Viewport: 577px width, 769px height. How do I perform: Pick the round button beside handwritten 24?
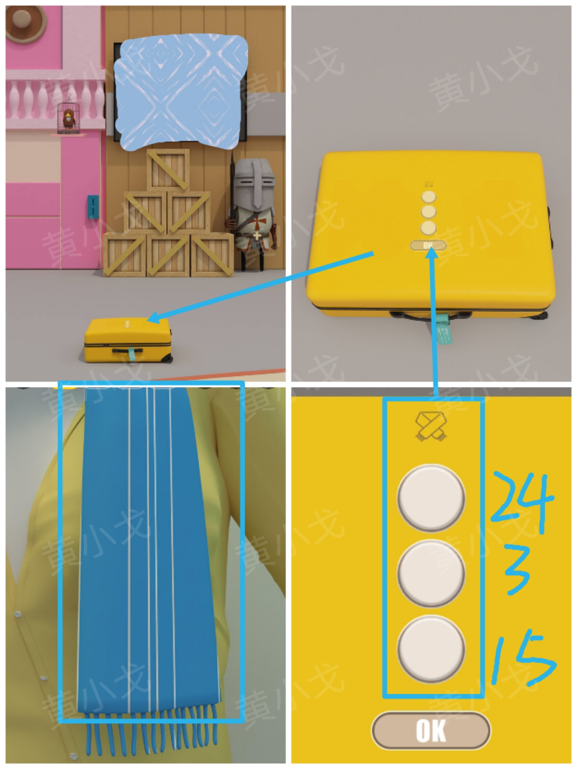pyautogui.click(x=431, y=498)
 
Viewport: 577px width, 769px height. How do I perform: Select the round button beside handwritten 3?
pyautogui.click(x=431, y=573)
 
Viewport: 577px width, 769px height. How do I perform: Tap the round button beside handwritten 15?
pyautogui.click(x=431, y=649)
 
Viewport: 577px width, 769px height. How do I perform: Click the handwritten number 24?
pyautogui.click(x=522, y=501)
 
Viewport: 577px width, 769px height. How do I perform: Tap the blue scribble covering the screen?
pyautogui.click(x=181, y=92)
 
